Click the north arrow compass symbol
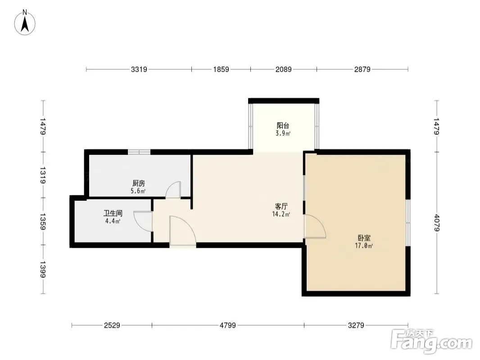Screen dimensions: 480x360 coord(25,22)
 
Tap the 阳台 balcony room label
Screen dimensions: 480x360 coord(283,126)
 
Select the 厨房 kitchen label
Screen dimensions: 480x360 coord(138,183)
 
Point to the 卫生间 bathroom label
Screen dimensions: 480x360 coord(113,213)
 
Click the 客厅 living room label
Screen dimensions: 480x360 coord(281,207)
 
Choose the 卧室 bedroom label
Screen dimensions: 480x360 coord(364,238)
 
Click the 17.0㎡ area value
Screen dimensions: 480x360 coord(364,246)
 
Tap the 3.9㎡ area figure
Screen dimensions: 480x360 coord(283,133)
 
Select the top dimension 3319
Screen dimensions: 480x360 coord(139,69)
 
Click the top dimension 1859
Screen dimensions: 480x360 coord(221,69)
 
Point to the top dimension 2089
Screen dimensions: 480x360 coord(284,69)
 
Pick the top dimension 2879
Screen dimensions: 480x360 coord(362,69)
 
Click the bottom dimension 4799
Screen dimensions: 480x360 coord(228,325)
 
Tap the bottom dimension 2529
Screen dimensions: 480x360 coord(112,325)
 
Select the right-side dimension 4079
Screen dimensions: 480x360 coord(436,223)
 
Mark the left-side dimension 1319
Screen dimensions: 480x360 coord(42,175)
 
